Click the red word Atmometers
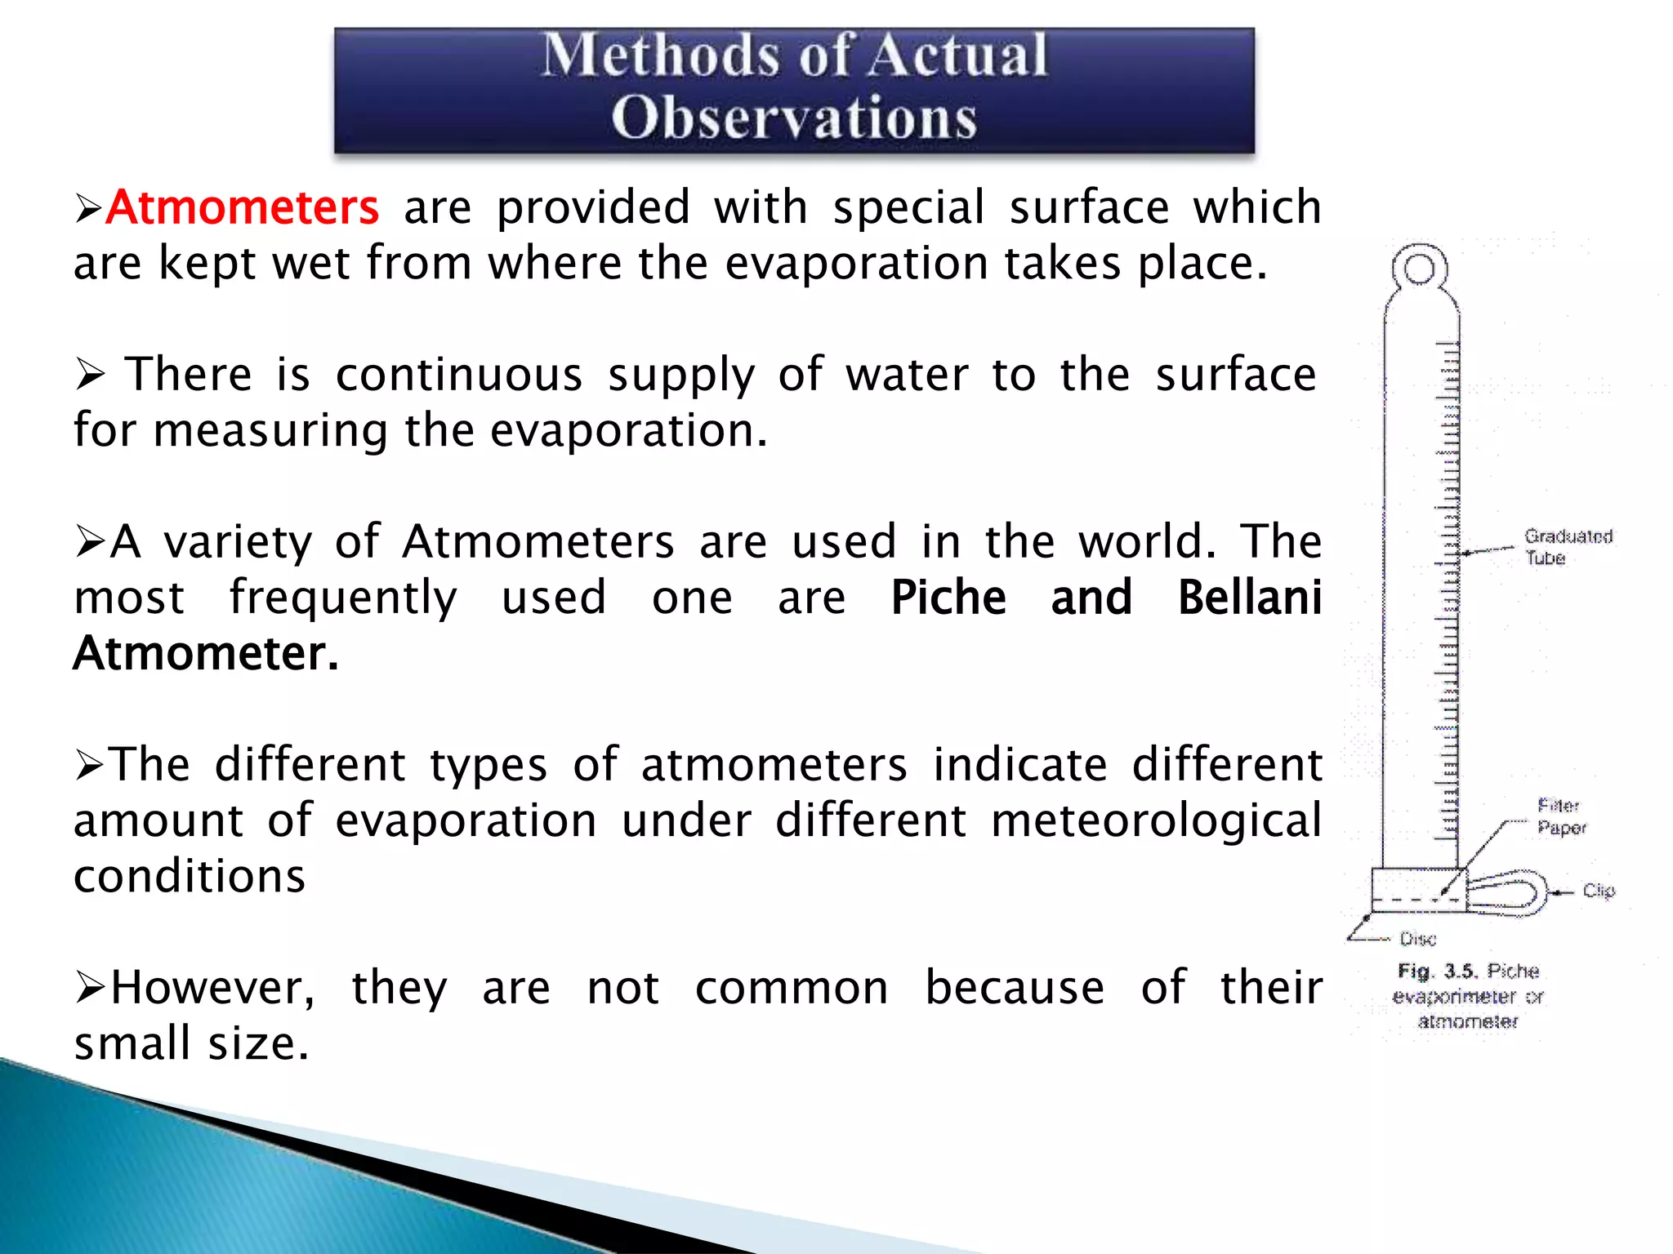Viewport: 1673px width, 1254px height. (x=243, y=207)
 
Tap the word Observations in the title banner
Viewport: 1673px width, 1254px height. (x=793, y=118)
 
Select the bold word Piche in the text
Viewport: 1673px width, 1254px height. (x=948, y=598)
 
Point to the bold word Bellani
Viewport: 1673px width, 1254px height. (x=1249, y=598)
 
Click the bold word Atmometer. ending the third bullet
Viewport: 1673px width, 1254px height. (x=206, y=653)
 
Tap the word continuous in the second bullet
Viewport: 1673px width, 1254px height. (x=459, y=375)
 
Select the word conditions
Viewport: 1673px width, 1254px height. (x=190, y=876)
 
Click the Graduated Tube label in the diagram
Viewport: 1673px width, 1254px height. (x=1567, y=547)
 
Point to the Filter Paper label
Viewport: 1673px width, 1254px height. (x=1560, y=816)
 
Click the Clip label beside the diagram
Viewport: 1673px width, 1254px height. (x=1599, y=891)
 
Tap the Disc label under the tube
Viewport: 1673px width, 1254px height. (x=1418, y=939)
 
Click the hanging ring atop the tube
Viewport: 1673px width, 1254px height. (x=1420, y=269)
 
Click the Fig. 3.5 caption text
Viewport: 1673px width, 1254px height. (x=1468, y=996)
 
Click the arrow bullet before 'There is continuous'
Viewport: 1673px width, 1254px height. (x=91, y=375)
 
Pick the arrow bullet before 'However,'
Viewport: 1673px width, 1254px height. (x=90, y=988)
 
